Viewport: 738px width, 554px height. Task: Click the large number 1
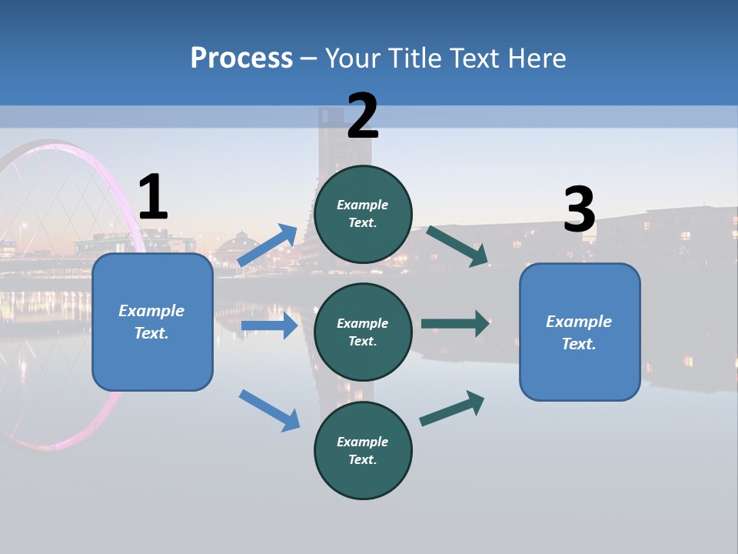tap(153, 198)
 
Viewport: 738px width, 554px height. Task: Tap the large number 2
tap(363, 116)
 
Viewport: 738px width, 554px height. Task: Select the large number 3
tap(579, 210)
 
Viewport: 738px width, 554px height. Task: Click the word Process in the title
tap(241, 58)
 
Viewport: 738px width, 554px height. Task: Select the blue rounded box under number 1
tap(152, 322)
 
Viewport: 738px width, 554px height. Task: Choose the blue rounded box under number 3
tap(580, 332)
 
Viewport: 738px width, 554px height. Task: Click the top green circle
tap(363, 214)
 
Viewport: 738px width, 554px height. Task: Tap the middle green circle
tap(363, 332)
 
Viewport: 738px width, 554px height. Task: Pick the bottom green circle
tap(363, 450)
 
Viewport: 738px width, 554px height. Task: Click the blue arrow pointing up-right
tap(268, 245)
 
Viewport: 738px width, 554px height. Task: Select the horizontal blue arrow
tap(269, 325)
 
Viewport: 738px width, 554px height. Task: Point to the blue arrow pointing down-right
tap(269, 410)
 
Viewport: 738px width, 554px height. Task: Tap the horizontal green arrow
tap(455, 323)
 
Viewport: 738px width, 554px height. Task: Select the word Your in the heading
tap(351, 58)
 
